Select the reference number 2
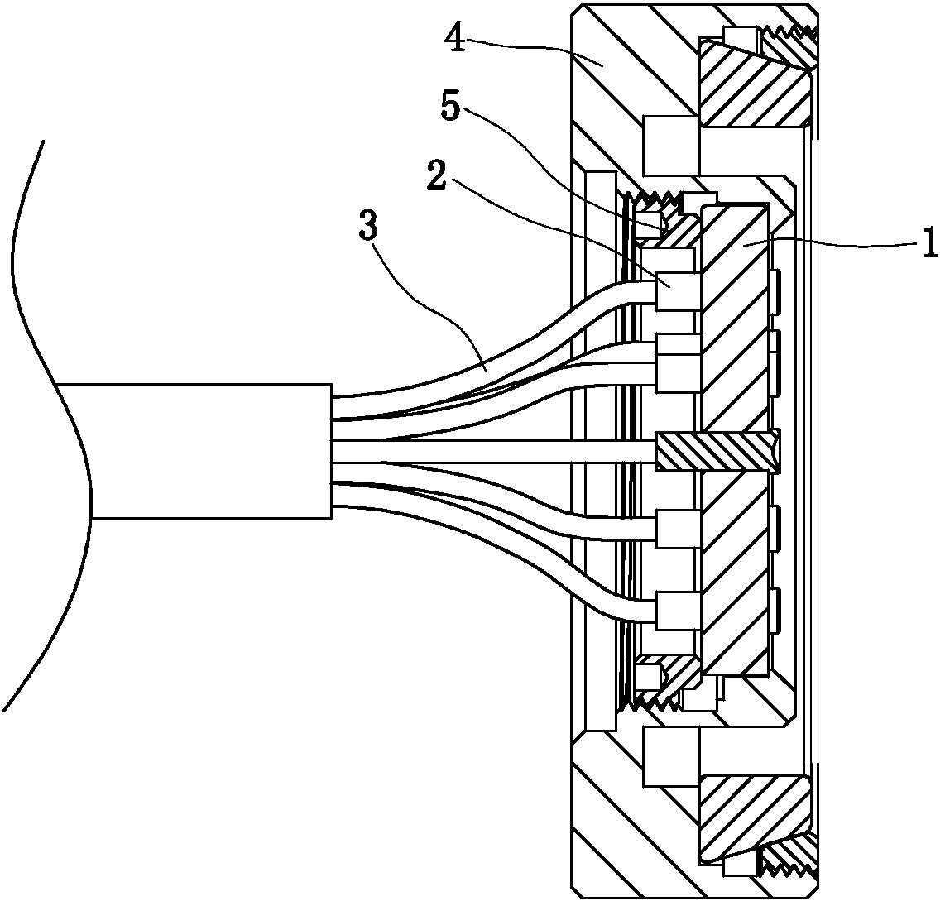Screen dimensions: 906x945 coord(437,174)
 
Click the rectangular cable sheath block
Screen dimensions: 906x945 coord(207,451)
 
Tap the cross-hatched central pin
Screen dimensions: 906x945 coord(717,452)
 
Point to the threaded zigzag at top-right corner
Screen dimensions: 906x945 coord(792,34)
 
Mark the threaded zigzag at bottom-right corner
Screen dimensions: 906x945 coord(792,868)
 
